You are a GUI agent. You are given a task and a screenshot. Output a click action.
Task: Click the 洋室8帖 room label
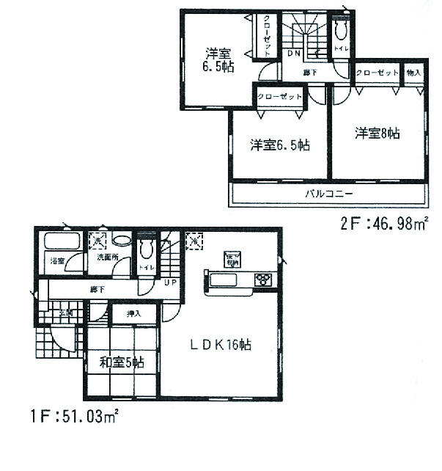377,133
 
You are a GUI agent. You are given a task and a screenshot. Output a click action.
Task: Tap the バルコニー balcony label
329,194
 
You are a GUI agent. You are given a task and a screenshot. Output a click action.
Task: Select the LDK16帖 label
223,345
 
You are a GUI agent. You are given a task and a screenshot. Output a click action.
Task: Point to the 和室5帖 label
122,362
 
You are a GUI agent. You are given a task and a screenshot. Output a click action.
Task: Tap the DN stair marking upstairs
293,54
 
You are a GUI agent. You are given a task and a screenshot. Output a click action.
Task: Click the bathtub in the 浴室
62,241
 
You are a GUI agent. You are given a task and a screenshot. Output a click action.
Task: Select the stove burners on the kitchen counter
262,280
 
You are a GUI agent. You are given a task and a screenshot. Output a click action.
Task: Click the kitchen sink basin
222,280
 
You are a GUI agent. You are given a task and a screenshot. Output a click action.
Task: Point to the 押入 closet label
133,314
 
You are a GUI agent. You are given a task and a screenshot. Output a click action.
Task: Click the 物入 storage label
413,73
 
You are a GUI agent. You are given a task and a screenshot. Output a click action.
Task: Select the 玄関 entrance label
65,313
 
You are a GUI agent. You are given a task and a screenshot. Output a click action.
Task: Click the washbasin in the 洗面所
122,241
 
